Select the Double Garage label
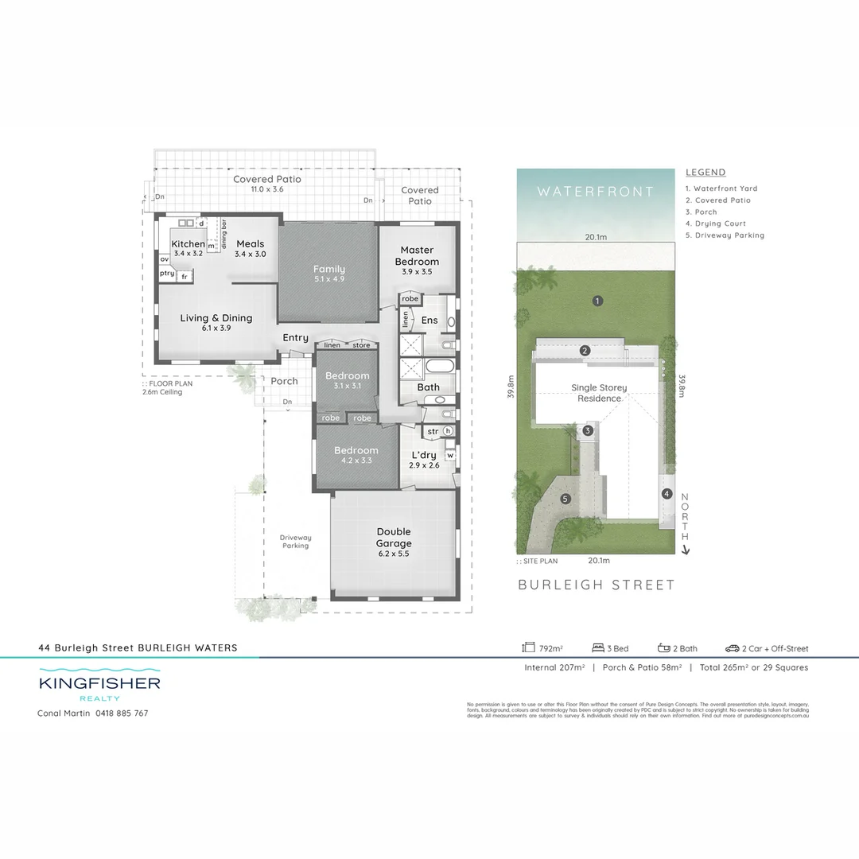pyautogui.click(x=394, y=538)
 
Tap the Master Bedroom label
pyautogui.click(x=417, y=255)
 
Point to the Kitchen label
pyautogui.click(x=189, y=244)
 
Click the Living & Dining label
pyautogui.click(x=216, y=318)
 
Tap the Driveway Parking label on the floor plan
pyautogui.click(x=295, y=541)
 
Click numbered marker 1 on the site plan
pyautogui.click(x=597, y=301)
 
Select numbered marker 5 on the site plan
pyautogui.click(x=566, y=499)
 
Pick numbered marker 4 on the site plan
pyautogui.click(x=667, y=493)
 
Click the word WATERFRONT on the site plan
pyautogui.click(x=595, y=192)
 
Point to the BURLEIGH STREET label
pyautogui.click(x=597, y=585)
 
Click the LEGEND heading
pyautogui.click(x=705, y=173)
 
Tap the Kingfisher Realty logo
pyautogui.click(x=99, y=686)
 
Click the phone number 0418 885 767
pyautogui.click(x=122, y=713)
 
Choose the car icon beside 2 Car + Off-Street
pyautogui.click(x=732, y=648)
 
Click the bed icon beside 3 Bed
pyautogui.click(x=599, y=648)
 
